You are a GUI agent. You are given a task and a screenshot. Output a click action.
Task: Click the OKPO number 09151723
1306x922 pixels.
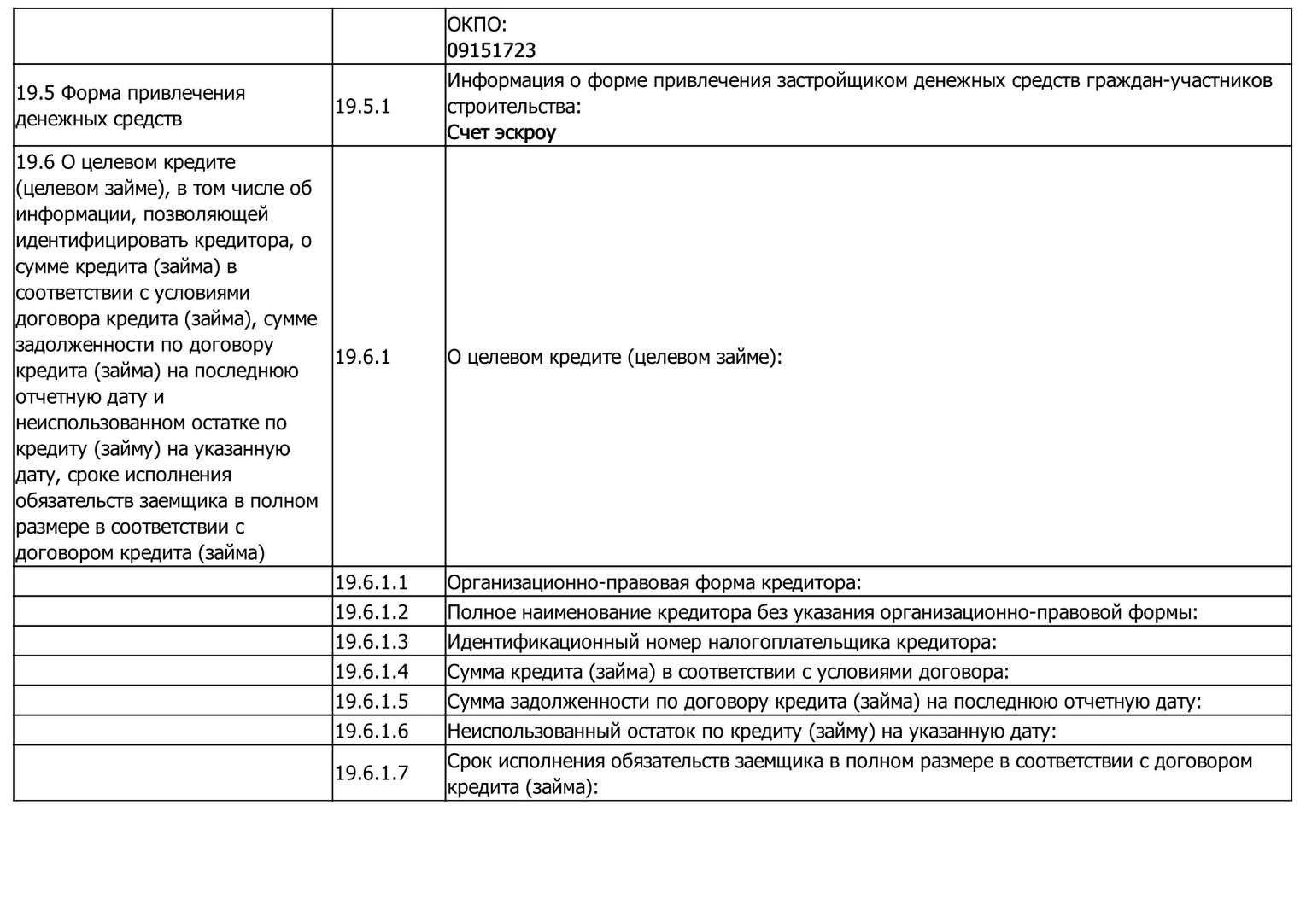click(491, 50)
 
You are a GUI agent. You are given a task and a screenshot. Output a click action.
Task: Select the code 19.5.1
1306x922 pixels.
click(362, 107)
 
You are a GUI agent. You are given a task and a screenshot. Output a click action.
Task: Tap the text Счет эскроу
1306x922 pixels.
click(501, 132)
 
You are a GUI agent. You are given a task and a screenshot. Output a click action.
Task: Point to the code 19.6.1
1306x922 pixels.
click(362, 357)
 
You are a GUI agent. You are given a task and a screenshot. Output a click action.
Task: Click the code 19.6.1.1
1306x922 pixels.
click(372, 583)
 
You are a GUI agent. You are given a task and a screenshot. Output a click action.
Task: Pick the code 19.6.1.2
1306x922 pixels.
click(372, 612)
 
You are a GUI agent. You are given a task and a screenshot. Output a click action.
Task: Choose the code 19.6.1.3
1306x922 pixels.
click(372, 642)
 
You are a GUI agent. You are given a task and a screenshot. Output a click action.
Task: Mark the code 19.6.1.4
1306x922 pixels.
click(372, 672)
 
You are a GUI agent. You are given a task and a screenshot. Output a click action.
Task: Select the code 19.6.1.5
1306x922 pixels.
click(372, 702)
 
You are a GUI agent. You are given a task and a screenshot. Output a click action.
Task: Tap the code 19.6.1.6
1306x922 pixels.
click(372, 732)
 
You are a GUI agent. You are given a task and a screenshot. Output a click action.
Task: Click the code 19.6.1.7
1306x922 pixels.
click(372, 773)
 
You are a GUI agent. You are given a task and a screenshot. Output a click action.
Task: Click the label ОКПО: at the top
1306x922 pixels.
click(477, 25)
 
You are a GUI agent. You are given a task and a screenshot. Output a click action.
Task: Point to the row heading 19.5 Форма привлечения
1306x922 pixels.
click(131, 93)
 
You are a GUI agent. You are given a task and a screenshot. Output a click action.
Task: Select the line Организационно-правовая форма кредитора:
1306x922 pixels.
click(654, 583)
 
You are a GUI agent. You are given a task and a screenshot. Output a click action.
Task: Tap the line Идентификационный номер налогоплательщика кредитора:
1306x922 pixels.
click(722, 642)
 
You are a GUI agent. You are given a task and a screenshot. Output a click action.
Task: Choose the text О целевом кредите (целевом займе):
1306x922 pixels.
click(615, 357)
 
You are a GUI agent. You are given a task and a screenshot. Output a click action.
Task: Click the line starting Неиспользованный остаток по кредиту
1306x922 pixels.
click(752, 732)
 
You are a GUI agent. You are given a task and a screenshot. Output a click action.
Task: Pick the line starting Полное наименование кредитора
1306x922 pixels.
click(822, 612)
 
